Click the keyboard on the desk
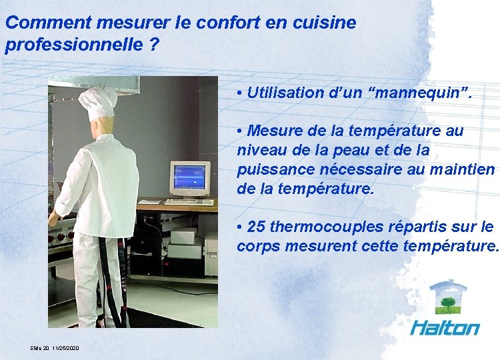[189, 201]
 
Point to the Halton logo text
[445, 327]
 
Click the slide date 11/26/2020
[65, 349]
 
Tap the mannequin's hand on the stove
[53, 218]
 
